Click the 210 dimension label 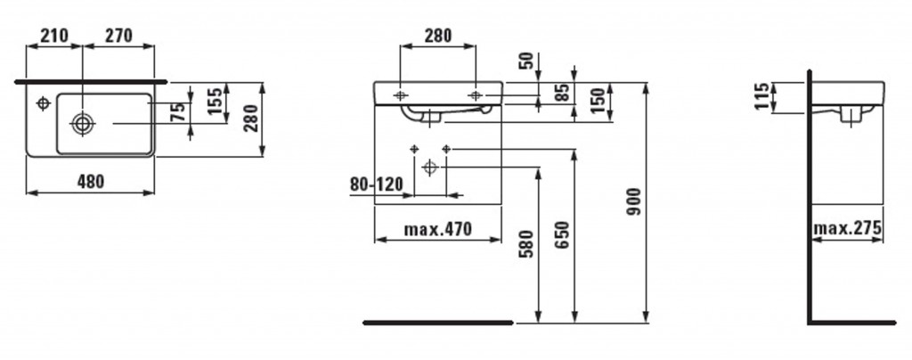click(53, 36)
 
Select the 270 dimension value click(118, 36)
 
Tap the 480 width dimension click(91, 182)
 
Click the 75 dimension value click(180, 111)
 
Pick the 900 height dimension click(633, 201)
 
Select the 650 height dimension click(562, 235)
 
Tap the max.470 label click(437, 229)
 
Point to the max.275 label click(847, 227)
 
